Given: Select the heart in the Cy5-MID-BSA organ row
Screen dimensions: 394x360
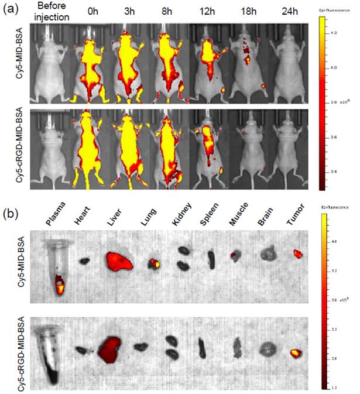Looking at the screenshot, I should pyautogui.click(x=85, y=260).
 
